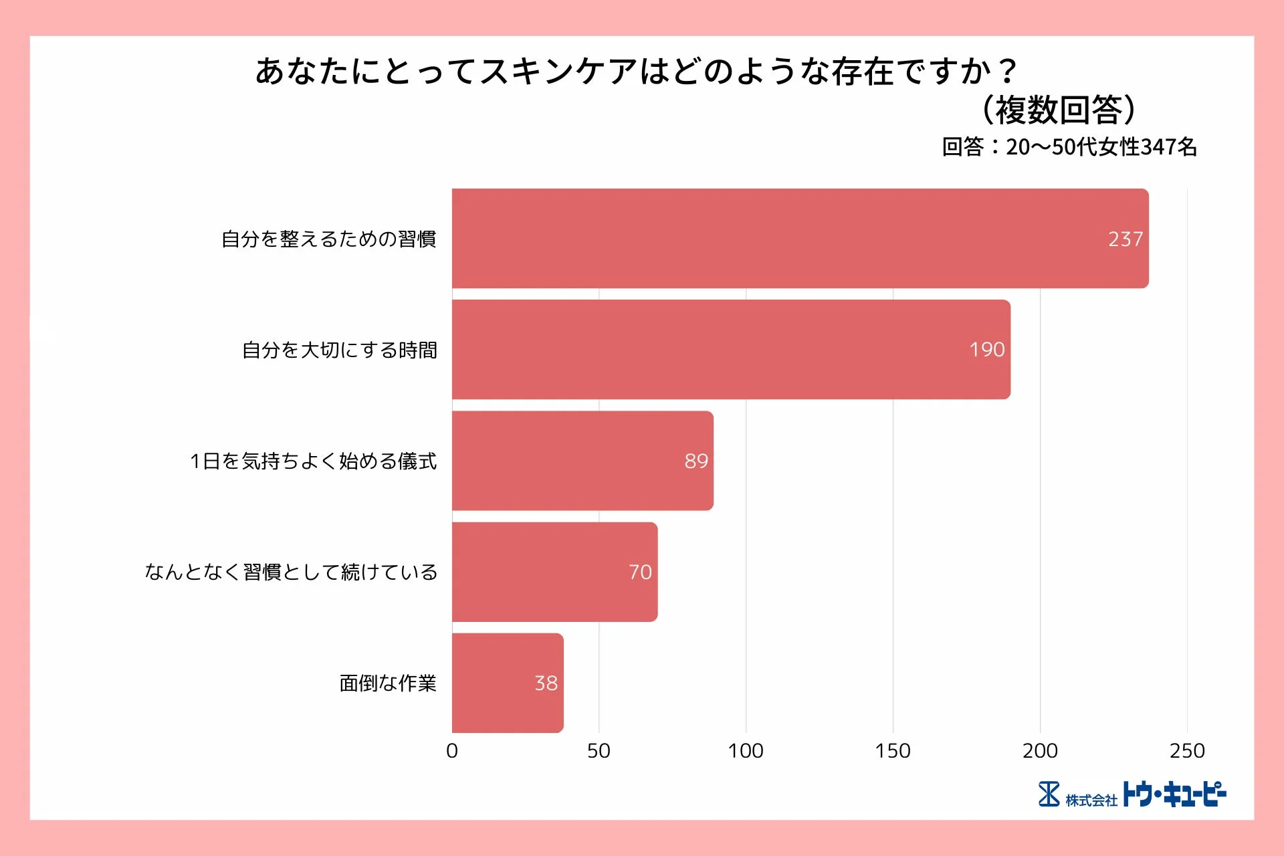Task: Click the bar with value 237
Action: click(x=800, y=239)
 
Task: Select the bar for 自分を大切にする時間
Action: click(x=730, y=350)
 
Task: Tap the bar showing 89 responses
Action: click(x=582, y=461)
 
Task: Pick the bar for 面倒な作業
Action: click(x=507, y=683)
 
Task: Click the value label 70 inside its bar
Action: click(x=640, y=572)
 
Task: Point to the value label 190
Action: click(x=986, y=350)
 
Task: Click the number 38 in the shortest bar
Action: click(x=546, y=683)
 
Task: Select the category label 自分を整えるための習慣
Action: click(x=328, y=239)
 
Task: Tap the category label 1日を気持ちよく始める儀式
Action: click(x=313, y=461)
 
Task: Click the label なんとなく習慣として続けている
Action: click(x=291, y=572)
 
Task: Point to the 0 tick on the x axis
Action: click(x=452, y=751)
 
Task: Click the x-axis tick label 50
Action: click(x=599, y=751)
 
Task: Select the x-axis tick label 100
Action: click(x=746, y=751)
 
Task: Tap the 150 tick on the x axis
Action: click(x=893, y=751)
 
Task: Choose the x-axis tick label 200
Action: click(x=1040, y=751)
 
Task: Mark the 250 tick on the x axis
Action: click(x=1187, y=751)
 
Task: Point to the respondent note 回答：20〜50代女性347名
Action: click(x=1069, y=147)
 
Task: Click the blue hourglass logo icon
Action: click(x=1049, y=794)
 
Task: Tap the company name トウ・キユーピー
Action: click(x=1174, y=794)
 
